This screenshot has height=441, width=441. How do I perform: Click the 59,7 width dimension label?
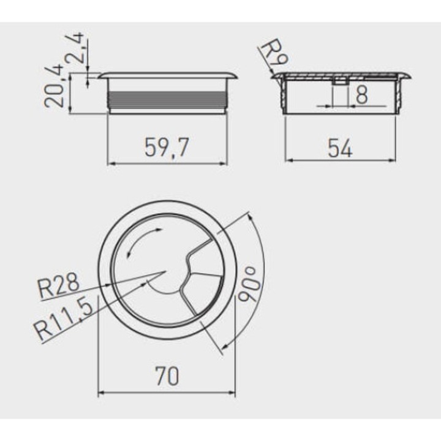pyautogui.click(x=167, y=147)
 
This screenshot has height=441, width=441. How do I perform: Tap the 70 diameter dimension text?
pyautogui.click(x=167, y=375)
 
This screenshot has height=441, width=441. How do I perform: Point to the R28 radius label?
pyautogui.click(x=59, y=286)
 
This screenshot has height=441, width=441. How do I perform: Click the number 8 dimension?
pyautogui.click(x=361, y=95)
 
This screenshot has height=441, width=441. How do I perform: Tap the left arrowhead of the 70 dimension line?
pyautogui.click(x=102, y=393)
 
